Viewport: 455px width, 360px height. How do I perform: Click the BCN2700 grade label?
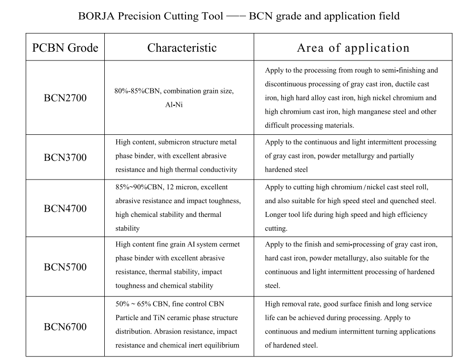click(65, 98)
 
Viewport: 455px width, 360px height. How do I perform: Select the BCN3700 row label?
click(65, 157)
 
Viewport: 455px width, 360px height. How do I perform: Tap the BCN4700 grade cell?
click(65, 209)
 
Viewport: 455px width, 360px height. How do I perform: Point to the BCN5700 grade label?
click(65, 267)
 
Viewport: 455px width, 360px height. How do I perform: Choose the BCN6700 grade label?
click(65, 327)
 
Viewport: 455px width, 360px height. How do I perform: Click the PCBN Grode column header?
click(65, 48)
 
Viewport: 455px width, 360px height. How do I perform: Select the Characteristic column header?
click(182, 48)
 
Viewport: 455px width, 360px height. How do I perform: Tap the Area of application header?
click(353, 48)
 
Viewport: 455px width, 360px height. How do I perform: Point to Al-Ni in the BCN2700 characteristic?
click(174, 105)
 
